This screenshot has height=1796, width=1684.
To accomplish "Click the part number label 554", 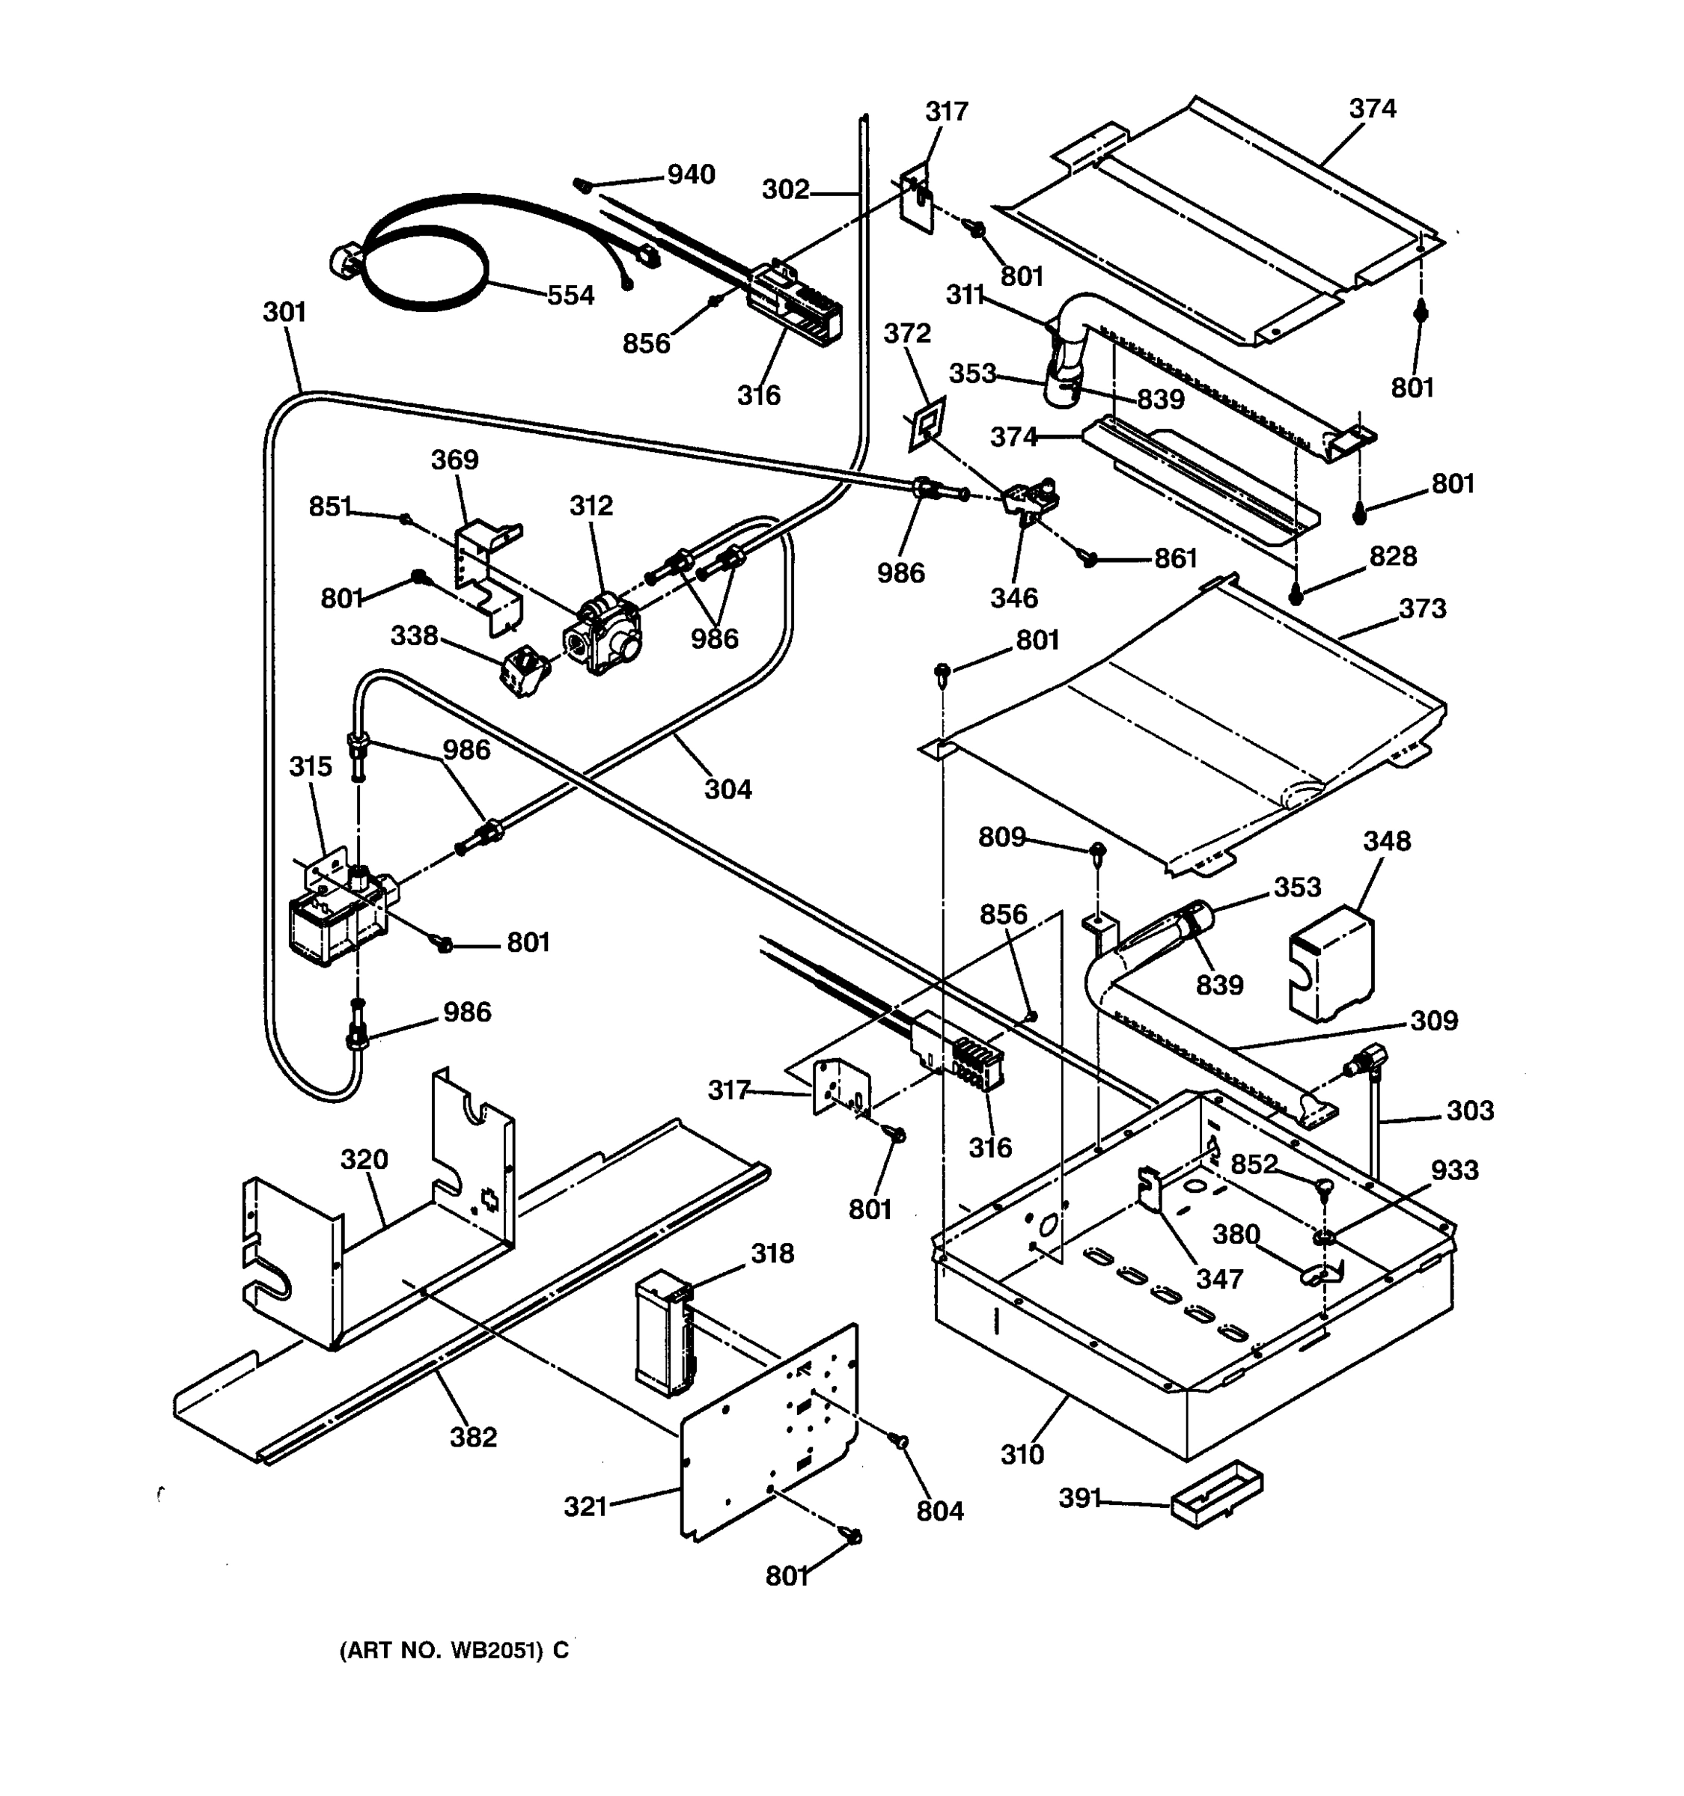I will coord(570,296).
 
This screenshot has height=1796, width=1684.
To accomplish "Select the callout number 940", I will coord(691,174).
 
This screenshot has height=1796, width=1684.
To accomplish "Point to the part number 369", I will coord(454,459).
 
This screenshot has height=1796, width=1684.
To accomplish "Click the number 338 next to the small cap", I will coord(414,635).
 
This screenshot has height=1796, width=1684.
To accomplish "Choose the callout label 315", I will coord(310,766).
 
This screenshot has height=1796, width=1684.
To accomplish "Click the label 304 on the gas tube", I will coord(727,789).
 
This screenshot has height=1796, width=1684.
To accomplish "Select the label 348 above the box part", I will coord(1386,840).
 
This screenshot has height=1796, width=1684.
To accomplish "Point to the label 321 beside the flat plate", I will coord(585,1506).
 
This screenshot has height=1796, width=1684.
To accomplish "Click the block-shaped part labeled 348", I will coord(1330,965).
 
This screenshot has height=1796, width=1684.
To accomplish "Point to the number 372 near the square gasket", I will coord(907,332).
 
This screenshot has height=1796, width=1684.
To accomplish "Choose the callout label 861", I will coord(1175,559).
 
